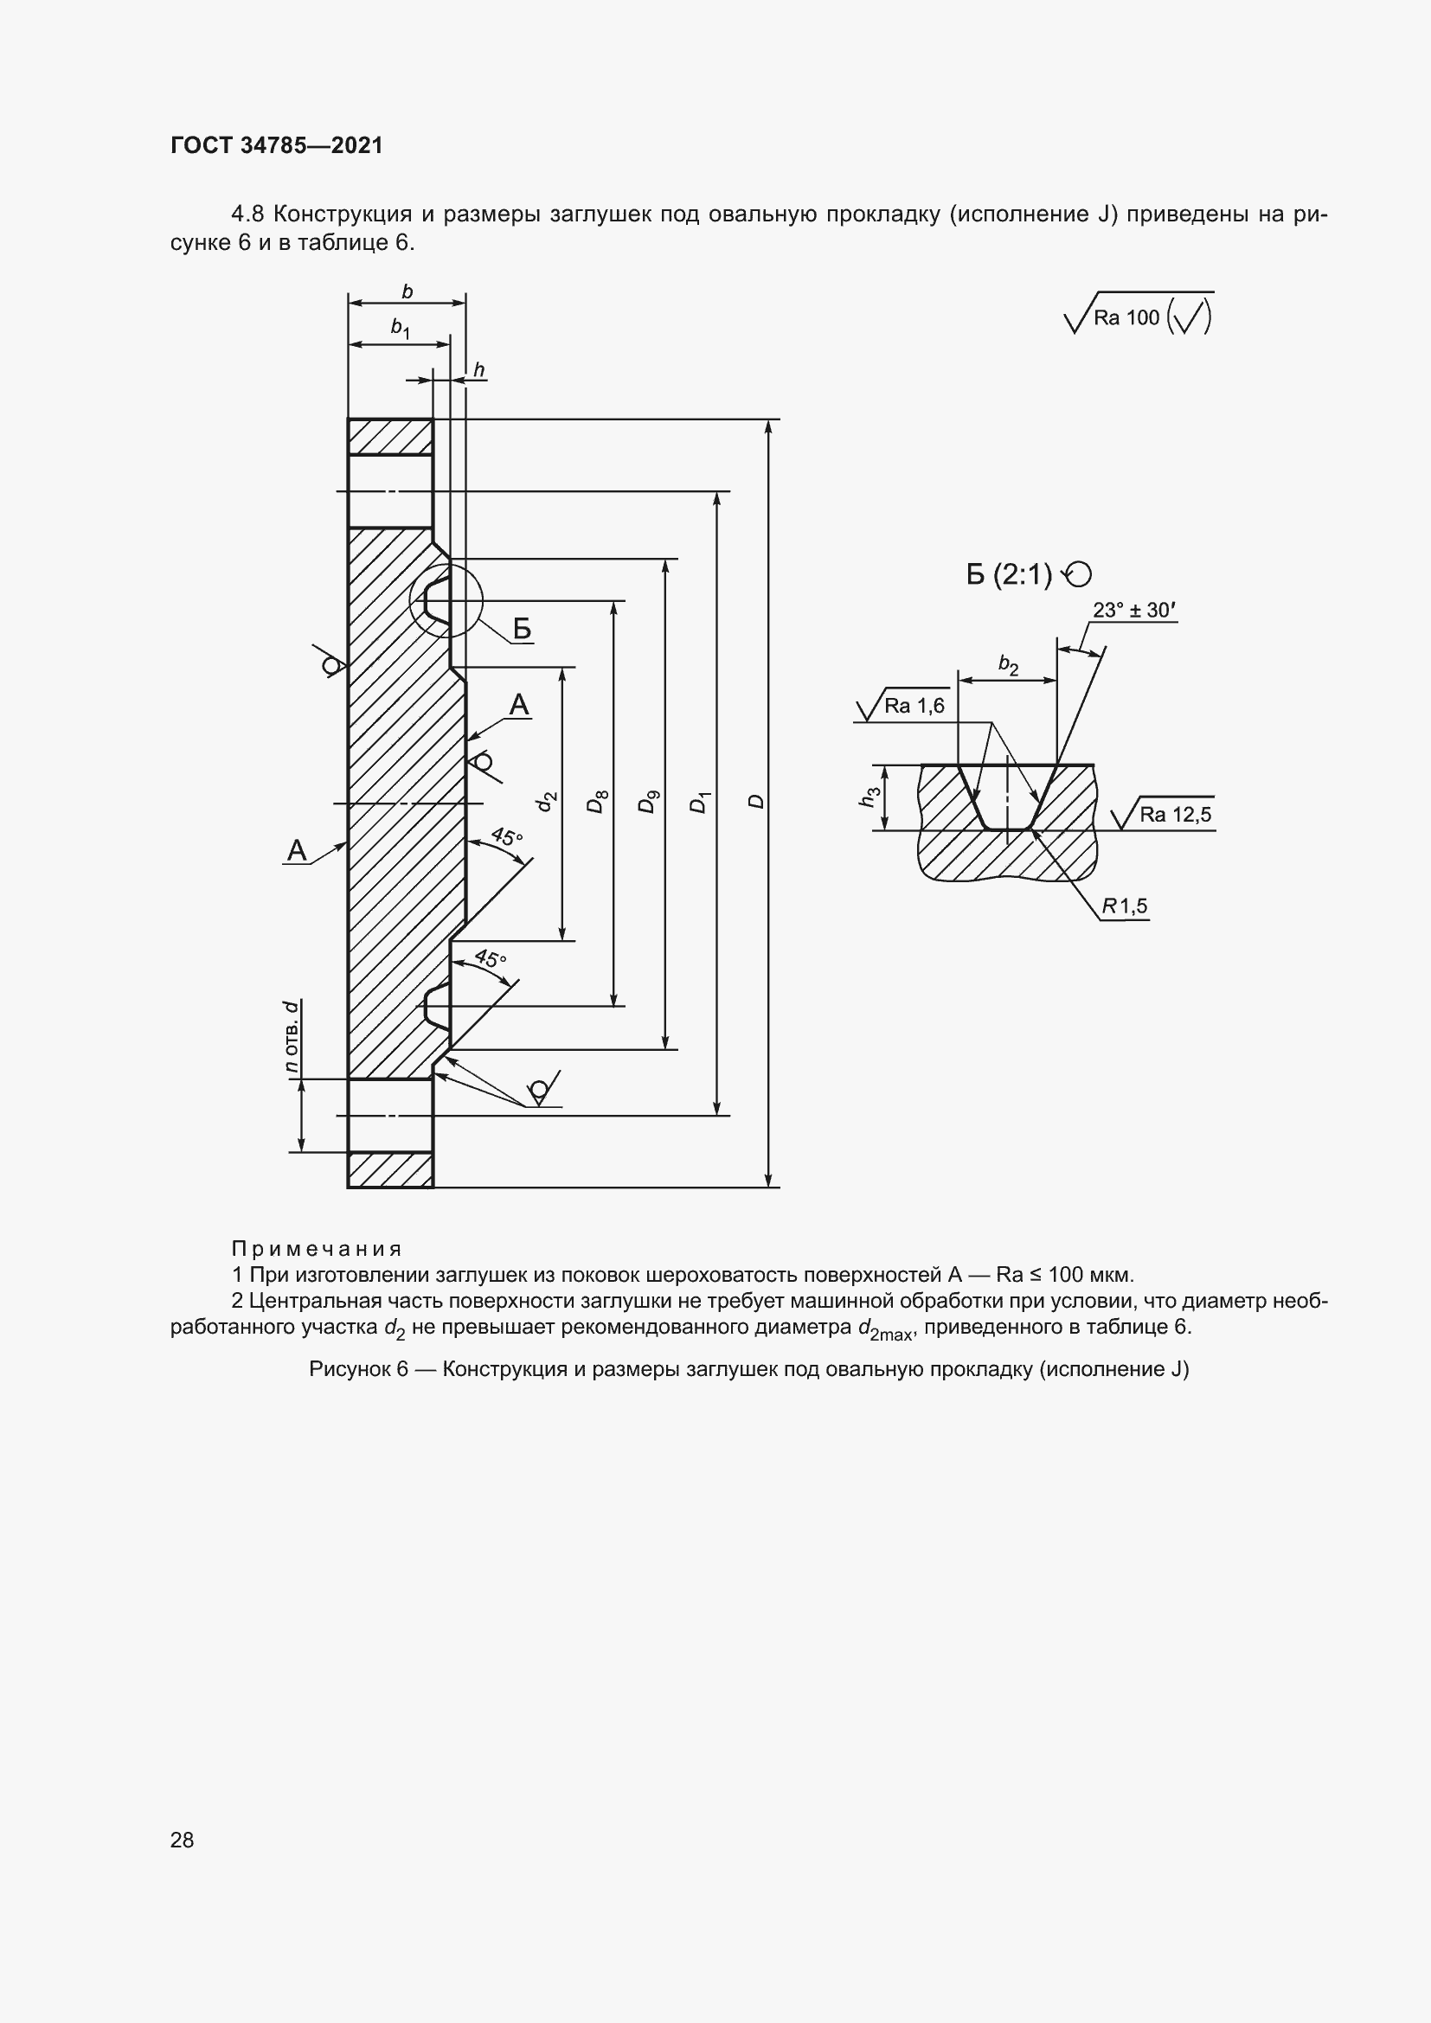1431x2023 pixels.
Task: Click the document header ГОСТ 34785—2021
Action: tap(277, 145)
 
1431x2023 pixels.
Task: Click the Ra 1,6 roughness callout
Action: tap(914, 706)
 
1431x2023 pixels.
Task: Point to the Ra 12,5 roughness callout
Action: tap(1175, 814)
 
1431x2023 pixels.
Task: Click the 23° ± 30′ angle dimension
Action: tap(1134, 610)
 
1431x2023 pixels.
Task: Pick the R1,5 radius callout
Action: tap(1126, 906)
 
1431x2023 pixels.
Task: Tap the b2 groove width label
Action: tap(1008, 666)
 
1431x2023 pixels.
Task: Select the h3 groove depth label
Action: tap(870, 797)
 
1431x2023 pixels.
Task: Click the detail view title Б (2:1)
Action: tap(1010, 575)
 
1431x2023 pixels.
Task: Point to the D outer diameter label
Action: tap(756, 802)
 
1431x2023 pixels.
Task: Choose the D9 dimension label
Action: tap(649, 803)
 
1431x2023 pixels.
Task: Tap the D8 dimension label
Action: tap(598, 803)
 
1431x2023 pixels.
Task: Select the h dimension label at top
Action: tap(479, 370)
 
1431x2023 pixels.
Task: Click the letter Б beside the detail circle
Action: tap(522, 629)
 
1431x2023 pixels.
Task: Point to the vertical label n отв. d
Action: tap(292, 1037)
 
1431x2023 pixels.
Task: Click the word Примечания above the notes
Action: tap(317, 1249)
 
